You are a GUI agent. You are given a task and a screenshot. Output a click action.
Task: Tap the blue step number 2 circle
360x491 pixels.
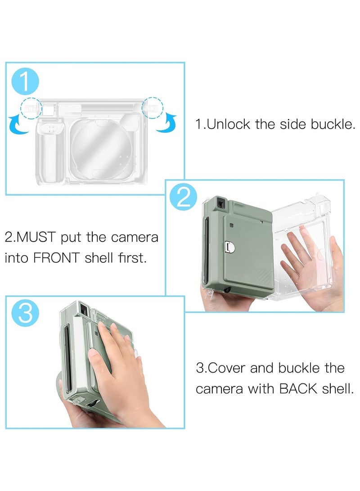click(x=184, y=198)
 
